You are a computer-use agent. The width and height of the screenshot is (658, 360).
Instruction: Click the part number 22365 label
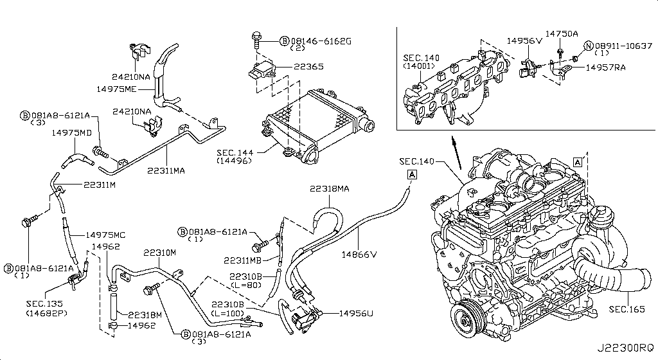click(x=308, y=66)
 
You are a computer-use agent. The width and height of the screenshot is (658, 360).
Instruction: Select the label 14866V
click(x=359, y=255)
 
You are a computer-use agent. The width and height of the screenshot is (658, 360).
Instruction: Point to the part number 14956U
click(x=356, y=314)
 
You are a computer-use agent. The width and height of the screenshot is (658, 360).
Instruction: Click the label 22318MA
click(x=330, y=189)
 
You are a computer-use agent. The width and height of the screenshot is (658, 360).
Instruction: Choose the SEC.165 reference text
click(x=627, y=309)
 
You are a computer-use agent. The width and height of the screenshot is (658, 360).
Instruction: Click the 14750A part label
click(x=562, y=33)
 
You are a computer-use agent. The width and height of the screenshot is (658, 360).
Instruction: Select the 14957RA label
click(x=605, y=67)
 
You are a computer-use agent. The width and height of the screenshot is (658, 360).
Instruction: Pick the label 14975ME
click(x=116, y=89)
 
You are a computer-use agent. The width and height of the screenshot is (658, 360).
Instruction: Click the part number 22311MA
click(x=166, y=170)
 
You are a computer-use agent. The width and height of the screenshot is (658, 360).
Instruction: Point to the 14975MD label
click(x=71, y=132)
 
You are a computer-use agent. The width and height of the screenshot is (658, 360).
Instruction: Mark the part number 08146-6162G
click(x=321, y=41)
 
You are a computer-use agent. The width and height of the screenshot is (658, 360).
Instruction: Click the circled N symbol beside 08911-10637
click(x=589, y=46)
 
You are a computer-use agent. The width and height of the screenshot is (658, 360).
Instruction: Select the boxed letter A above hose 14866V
click(x=412, y=174)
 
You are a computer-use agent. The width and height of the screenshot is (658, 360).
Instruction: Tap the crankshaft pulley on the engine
click(x=465, y=321)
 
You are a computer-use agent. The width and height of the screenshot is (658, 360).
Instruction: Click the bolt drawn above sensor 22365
click(x=256, y=40)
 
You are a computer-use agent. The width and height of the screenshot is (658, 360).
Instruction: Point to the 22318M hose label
click(x=145, y=315)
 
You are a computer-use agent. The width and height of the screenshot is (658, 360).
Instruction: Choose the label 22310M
click(x=159, y=253)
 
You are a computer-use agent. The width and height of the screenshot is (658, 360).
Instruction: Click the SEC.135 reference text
click(x=44, y=304)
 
